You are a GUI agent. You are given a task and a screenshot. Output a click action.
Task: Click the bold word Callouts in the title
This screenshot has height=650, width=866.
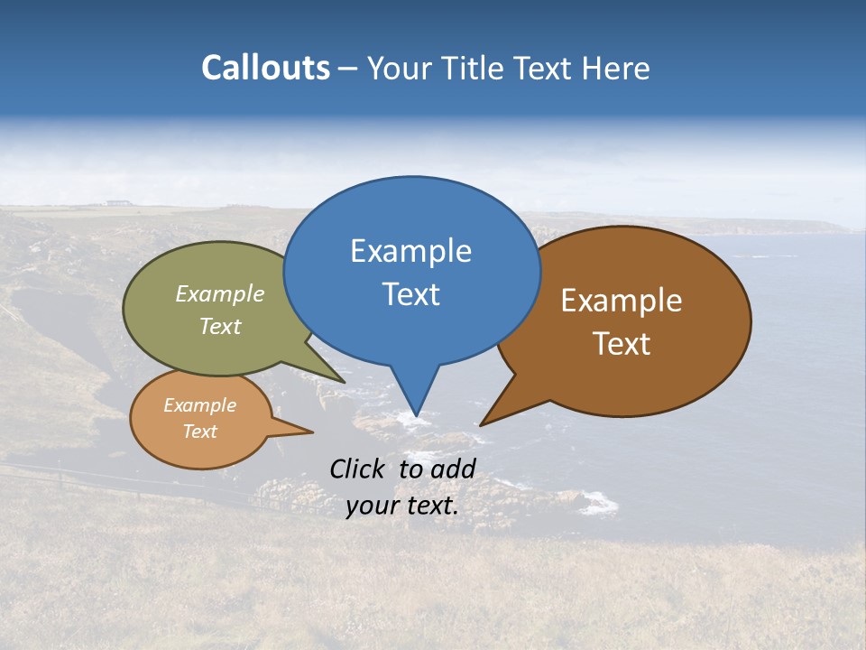point(265,68)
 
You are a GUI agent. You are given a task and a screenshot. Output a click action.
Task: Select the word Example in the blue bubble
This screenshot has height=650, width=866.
point(410,251)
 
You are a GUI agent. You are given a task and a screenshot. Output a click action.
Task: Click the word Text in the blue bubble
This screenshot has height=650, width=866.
point(410,294)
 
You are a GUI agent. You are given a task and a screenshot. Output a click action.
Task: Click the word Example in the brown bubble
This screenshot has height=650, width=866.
point(622,301)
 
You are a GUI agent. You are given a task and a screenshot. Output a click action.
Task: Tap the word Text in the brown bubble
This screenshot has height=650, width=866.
point(622,344)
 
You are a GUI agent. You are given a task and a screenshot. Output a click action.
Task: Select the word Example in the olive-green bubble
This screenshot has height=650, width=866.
point(220,294)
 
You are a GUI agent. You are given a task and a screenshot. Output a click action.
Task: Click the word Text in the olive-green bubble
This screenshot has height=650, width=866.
point(220,326)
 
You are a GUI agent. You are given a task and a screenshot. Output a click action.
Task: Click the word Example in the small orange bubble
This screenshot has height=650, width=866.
point(199,405)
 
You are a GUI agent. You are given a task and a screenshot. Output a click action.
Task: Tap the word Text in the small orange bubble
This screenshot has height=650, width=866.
point(199,432)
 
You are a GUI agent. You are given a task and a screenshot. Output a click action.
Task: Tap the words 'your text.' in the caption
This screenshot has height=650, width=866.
point(402,506)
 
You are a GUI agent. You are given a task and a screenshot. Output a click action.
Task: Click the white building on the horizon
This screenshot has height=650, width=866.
point(116,202)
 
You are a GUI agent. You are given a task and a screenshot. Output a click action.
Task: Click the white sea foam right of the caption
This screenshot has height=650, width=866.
point(598,503)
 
